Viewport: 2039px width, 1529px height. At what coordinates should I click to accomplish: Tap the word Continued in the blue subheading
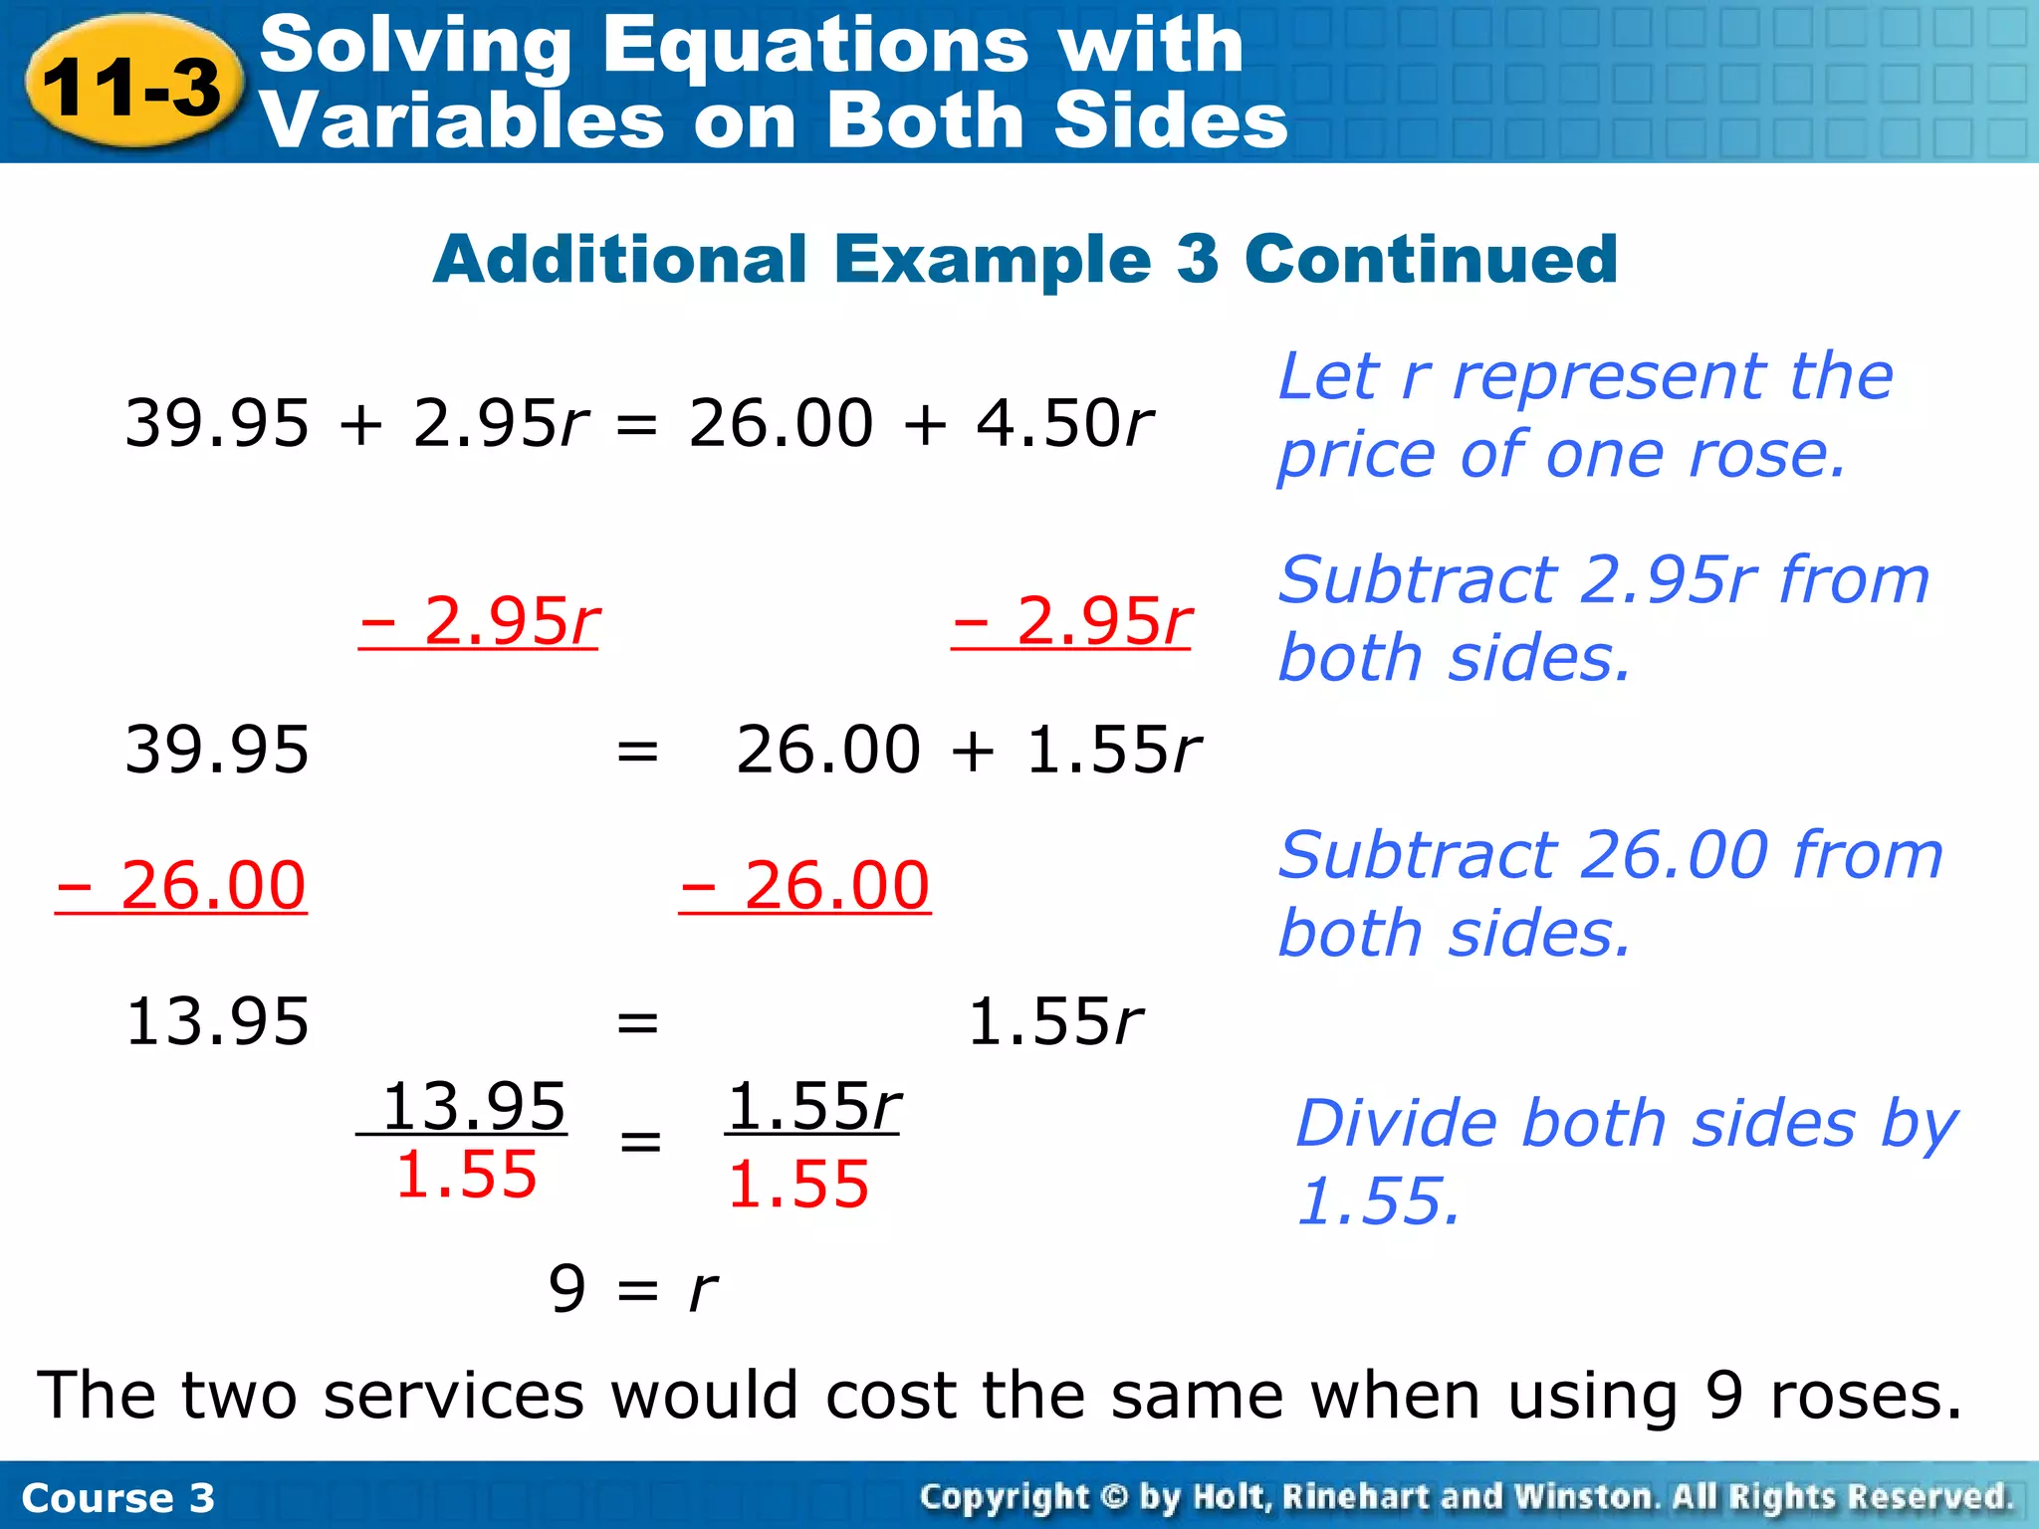pyautogui.click(x=1431, y=259)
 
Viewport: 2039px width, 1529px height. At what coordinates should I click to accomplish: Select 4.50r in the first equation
pyautogui.click(x=1063, y=423)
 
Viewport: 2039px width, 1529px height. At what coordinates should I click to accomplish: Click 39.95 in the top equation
pyautogui.click(x=217, y=423)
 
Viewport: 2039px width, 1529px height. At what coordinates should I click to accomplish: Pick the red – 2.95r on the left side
pyautogui.click(x=480, y=621)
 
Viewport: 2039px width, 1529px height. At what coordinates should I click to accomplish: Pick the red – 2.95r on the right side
pyautogui.click(x=1072, y=621)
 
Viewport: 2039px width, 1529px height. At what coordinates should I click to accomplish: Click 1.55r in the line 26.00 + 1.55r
pyautogui.click(x=1114, y=750)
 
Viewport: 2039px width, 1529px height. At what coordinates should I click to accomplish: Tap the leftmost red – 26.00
pyautogui.click(x=181, y=885)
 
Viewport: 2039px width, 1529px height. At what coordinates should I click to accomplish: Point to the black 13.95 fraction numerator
pyautogui.click(x=474, y=1106)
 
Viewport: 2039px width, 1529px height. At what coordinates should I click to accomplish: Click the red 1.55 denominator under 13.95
pyautogui.click(x=466, y=1175)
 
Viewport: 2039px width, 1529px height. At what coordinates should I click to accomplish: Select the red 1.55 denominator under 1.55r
pyautogui.click(x=798, y=1185)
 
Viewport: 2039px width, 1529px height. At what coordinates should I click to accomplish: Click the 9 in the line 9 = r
pyautogui.click(x=567, y=1288)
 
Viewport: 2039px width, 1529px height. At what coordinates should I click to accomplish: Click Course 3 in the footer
pyautogui.click(x=117, y=1498)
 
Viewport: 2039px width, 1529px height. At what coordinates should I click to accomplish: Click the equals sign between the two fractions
pyautogui.click(x=640, y=1141)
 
